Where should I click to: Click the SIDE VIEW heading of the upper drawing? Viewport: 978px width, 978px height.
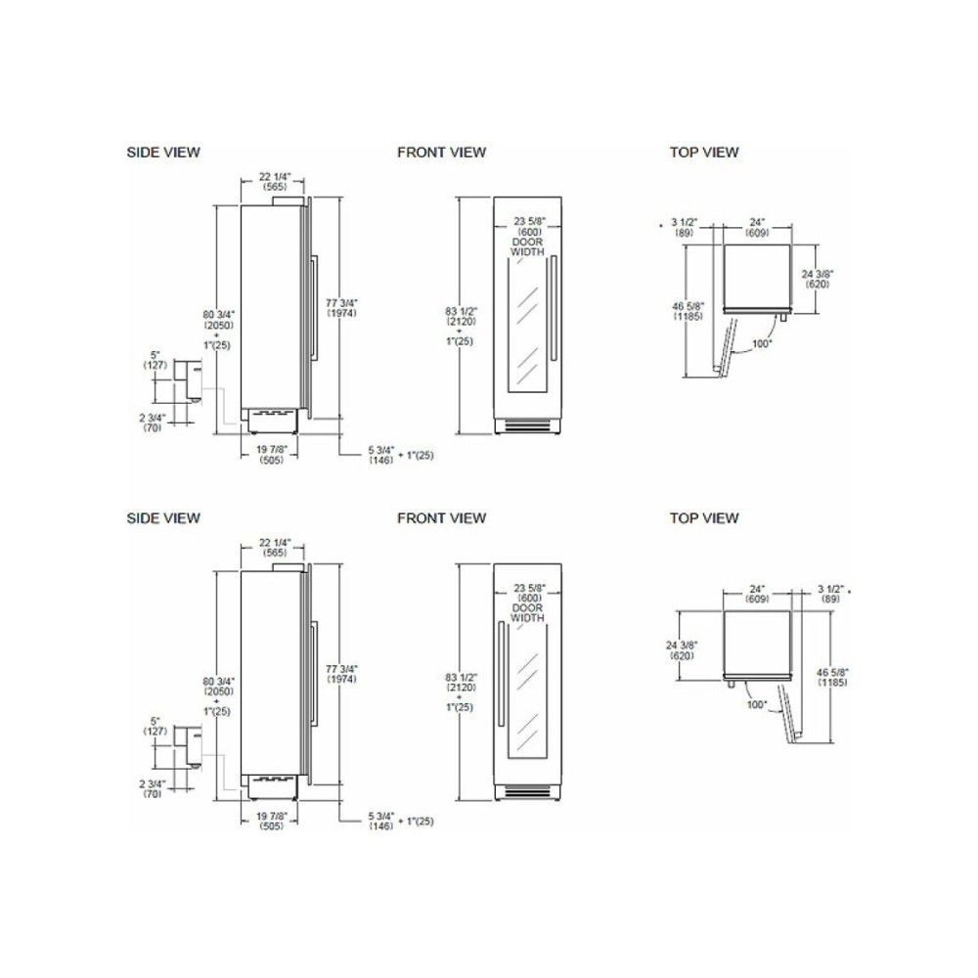[x=163, y=152]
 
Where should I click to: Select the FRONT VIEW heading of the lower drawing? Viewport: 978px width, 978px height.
[x=441, y=517]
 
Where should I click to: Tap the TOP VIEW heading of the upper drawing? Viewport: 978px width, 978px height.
[x=704, y=152]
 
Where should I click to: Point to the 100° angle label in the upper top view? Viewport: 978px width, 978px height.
[x=762, y=343]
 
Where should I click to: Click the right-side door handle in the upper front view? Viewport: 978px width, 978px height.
[x=553, y=308]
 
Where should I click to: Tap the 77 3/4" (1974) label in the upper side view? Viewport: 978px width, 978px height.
[x=341, y=308]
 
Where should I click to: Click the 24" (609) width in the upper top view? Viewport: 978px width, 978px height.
[x=757, y=229]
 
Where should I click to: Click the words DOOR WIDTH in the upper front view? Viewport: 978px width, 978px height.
[x=528, y=246]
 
